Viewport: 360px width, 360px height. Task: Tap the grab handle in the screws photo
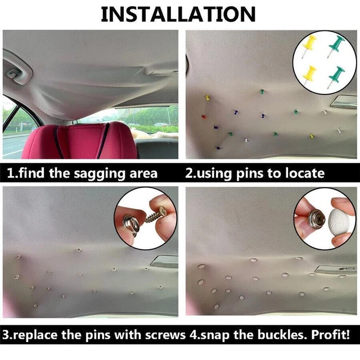[164, 261]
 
